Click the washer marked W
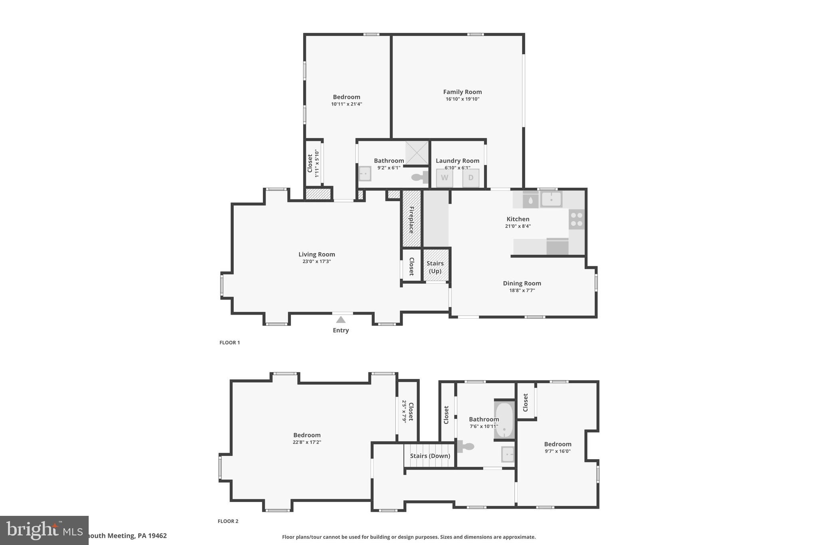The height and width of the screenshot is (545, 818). click(x=444, y=178)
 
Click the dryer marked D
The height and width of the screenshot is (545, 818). click(x=471, y=178)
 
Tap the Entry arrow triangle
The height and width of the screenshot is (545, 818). click(x=341, y=320)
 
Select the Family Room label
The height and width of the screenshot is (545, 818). click(x=462, y=92)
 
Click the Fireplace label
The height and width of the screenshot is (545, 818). click(x=411, y=220)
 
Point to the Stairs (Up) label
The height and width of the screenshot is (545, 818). click(x=435, y=267)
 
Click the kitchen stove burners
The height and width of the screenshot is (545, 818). click(x=576, y=219)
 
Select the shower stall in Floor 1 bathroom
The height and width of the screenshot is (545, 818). click(x=417, y=153)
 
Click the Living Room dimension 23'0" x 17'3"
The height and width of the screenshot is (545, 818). click(x=316, y=262)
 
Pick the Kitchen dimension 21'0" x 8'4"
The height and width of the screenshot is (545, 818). click(x=518, y=226)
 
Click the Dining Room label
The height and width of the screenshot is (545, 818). click(x=522, y=283)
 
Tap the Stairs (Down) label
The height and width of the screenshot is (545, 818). click(x=430, y=456)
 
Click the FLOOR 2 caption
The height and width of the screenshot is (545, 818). click(x=228, y=521)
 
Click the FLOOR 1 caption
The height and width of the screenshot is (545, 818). click(x=229, y=343)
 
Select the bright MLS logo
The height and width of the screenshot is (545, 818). click(x=44, y=530)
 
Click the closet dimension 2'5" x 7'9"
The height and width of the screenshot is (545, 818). click(x=404, y=411)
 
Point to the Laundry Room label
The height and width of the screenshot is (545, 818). click(x=457, y=161)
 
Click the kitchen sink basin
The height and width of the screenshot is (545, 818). click(x=551, y=199)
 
